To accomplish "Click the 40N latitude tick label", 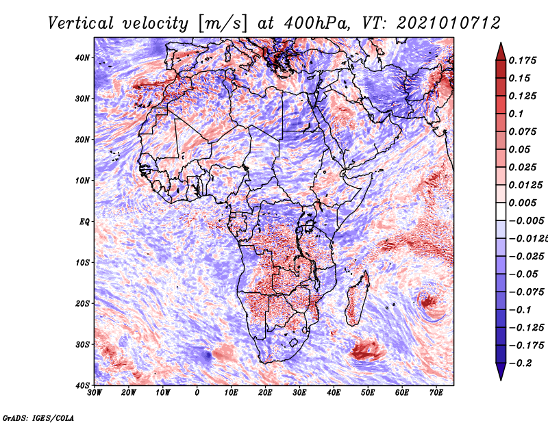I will tap(82, 57).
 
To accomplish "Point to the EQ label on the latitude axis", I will tap(84, 222).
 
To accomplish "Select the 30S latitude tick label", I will tap(82, 344).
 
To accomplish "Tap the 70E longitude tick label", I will tap(436, 393).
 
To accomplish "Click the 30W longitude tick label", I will tap(95, 393).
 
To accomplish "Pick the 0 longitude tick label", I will tap(197, 393).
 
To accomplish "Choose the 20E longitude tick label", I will tap(265, 393).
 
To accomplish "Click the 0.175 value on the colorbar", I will tap(522, 60).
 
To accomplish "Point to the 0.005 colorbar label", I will tap(522, 203).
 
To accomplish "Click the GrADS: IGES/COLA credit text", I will tap(38, 416).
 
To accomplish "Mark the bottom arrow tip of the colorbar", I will tap(500, 377).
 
